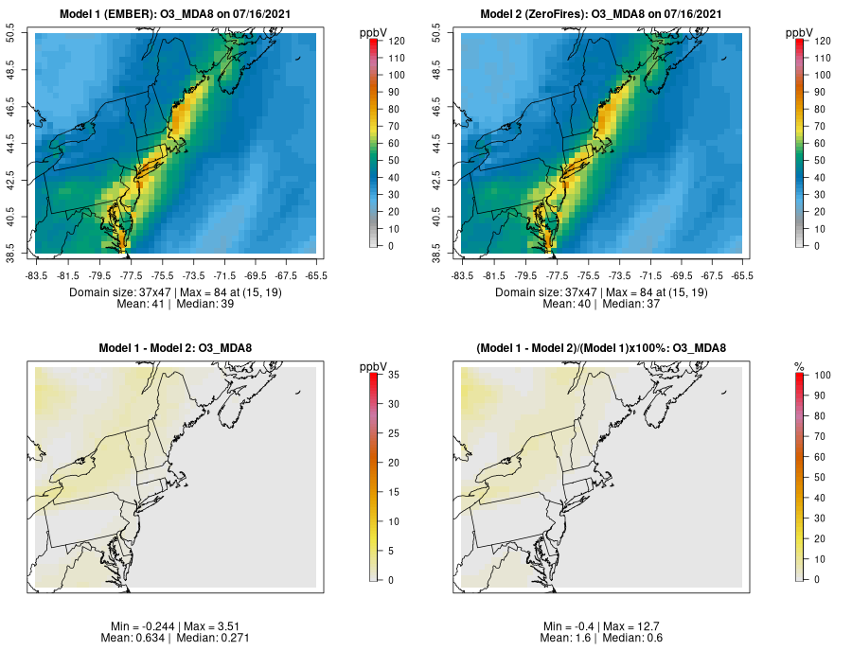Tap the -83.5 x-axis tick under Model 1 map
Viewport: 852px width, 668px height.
[36, 275]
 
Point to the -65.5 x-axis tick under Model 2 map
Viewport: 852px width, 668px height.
[742, 275]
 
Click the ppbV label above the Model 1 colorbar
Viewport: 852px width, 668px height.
[374, 33]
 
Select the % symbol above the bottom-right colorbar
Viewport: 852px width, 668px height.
[799, 366]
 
